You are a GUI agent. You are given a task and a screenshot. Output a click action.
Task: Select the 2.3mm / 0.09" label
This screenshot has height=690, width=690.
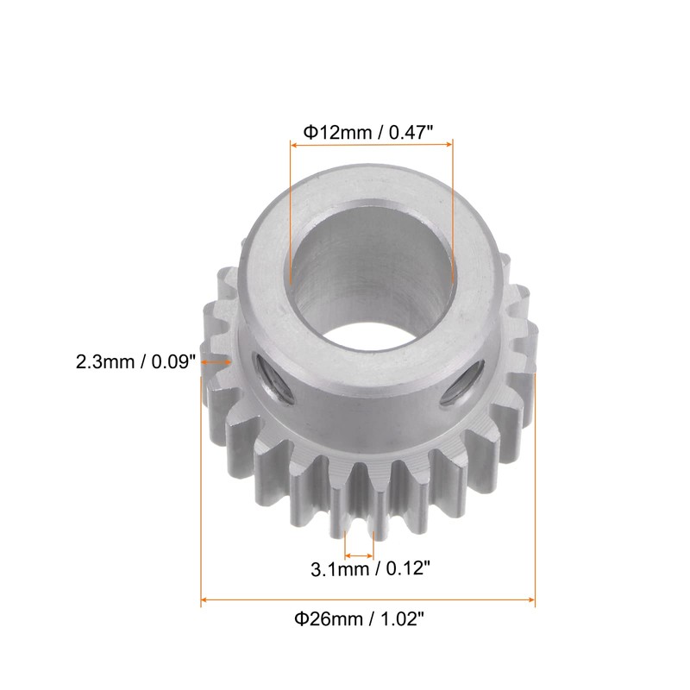(137, 361)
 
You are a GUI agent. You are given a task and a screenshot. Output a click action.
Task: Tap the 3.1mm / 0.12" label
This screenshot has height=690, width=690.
(370, 568)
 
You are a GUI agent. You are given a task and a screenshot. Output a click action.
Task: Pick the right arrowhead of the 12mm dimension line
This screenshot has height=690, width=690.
(448, 147)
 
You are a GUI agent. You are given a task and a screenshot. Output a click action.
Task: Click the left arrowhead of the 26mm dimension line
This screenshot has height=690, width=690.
(205, 599)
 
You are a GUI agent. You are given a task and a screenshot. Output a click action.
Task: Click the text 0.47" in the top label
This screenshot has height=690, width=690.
(409, 131)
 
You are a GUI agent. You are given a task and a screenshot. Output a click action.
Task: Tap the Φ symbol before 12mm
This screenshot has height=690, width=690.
(309, 131)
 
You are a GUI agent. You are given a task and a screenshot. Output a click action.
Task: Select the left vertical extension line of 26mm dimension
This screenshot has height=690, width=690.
(201, 483)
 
